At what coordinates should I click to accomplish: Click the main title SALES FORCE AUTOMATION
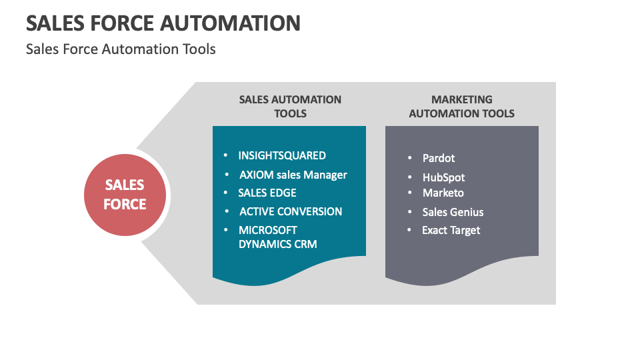pos(163,23)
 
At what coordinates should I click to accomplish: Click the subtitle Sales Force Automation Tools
pos(121,49)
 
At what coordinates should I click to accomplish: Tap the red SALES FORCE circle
pos(125,195)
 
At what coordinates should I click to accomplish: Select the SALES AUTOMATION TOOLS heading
pos(290,107)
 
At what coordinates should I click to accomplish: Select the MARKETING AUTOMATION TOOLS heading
pos(461,107)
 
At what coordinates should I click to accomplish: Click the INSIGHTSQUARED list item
pos(282,155)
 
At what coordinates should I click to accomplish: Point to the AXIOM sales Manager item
pos(293,175)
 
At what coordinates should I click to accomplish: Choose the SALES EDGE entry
pos(267,193)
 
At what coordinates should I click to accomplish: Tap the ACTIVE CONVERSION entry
pos(291,211)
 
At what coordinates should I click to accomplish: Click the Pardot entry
pos(439,159)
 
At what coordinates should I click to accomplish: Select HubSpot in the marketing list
pos(443,177)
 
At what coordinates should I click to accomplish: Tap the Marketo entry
pos(443,193)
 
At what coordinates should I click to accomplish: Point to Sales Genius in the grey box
pos(453,212)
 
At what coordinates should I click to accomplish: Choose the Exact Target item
pos(451,230)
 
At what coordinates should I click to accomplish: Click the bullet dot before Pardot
pos(410,159)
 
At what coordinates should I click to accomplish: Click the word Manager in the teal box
pos(325,175)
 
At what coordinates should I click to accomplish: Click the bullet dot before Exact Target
pos(410,231)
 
